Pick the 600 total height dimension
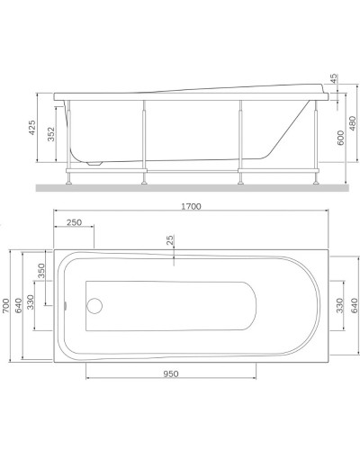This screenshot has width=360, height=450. coord(339,137)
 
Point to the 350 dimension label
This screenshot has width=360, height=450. coord(40,272)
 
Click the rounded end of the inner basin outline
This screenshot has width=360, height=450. coord(255,307)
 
